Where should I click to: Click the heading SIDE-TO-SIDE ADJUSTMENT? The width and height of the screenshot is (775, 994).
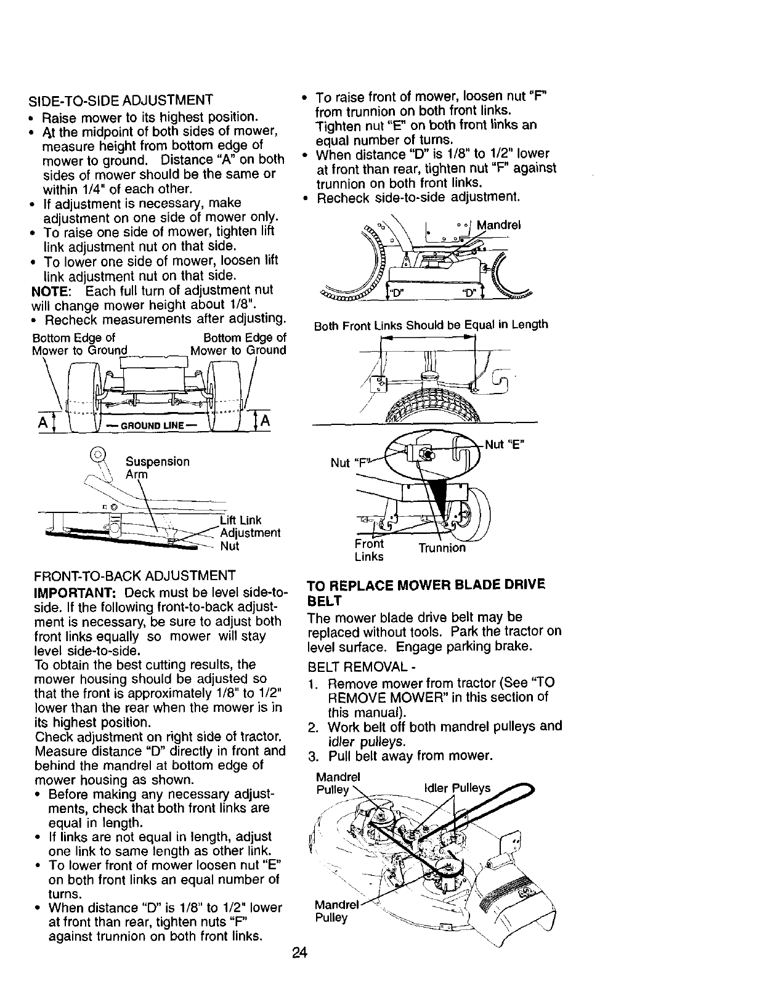point(121,100)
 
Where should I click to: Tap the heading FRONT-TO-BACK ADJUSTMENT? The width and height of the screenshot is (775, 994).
point(135,576)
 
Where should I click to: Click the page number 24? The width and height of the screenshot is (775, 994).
point(299,953)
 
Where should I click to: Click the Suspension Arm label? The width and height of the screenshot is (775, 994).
point(157,468)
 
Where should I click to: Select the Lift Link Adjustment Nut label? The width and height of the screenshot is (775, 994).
point(250,533)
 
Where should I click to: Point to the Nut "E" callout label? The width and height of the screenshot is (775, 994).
point(505,444)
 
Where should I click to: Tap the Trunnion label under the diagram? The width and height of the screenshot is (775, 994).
point(442,548)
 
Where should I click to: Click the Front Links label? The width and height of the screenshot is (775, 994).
point(369,550)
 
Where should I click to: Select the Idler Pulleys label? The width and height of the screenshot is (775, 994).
point(458,788)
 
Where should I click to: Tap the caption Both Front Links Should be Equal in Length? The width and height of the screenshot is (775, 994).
point(431,325)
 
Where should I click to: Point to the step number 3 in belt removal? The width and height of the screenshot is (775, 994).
point(312,756)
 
